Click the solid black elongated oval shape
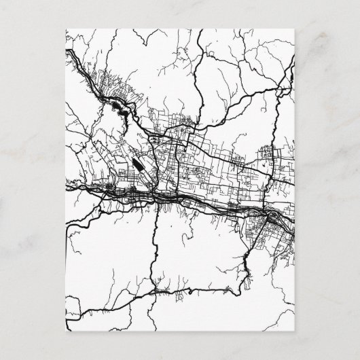click(x=138, y=165)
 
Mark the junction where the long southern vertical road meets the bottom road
click(x=154, y=290)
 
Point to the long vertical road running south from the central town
click(x=156, y=245)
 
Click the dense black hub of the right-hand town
click(x=272, y=217)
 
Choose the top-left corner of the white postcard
click(x=65, y=29)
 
